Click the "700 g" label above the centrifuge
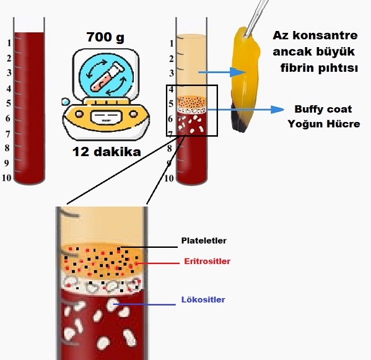(x=105, y=37)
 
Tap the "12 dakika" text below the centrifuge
(x=107, y=152)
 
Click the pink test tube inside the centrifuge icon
(x=107, y=77)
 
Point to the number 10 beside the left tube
(x=7, y=178)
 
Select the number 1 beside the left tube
(x=9, y=43)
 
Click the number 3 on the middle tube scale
(x=172, y=73)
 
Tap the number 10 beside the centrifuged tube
(x=169, y=178)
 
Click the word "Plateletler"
(x=204, y=240)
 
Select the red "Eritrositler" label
(x=207, y=261)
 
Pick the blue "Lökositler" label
(x=203, y=300)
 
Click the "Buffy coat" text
(x=323, y=109)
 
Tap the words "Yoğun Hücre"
(x=324, y=124)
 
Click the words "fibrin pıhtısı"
(x=319, y=68)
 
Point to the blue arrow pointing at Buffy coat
(x=245, y=109)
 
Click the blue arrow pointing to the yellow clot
(x=222, y=72)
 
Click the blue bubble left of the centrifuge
(x=65, y=102)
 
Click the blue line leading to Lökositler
(x=145, y=304)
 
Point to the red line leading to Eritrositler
(x=157, y=263)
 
